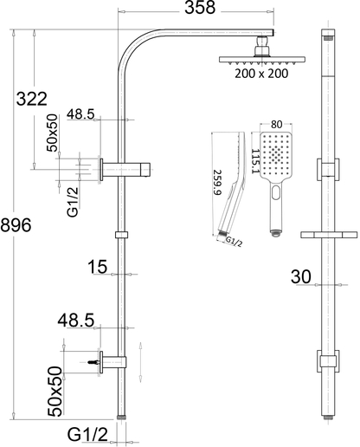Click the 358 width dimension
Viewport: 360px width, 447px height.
click(x=200, y=8)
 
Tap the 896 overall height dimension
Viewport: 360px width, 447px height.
click(x=16, y=225)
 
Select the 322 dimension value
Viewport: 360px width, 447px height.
click(x=31, y=99)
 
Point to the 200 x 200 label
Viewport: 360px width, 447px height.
click(x=261, y=74)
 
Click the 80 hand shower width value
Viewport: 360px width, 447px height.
click(x=276, y=125)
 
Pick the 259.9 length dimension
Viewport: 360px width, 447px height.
click(x=217, y=182)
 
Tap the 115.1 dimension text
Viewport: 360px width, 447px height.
click(x=255, y=161)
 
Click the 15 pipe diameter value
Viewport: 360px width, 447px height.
click(x=98, y=267)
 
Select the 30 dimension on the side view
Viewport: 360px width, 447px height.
click(x=301, y=276)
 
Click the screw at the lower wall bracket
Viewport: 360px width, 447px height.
click(x=93, y=362)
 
